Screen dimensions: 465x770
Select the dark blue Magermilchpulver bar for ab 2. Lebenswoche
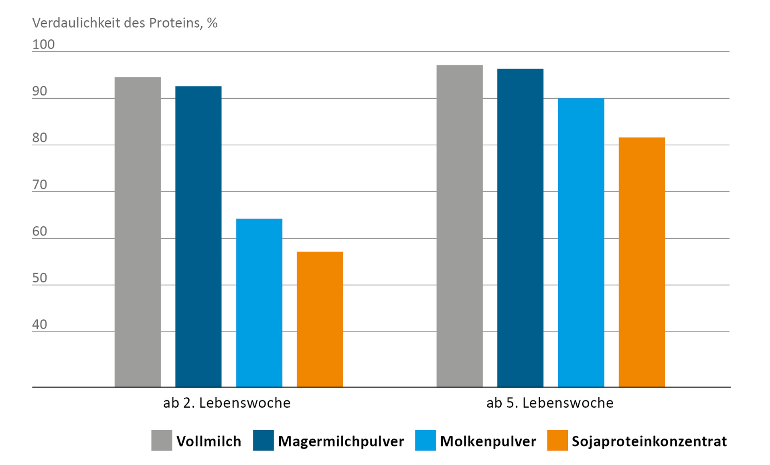click(198, 237)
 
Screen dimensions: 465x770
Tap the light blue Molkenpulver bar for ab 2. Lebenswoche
click(259, 303)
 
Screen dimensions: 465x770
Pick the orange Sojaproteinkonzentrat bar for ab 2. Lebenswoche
click(320, 319)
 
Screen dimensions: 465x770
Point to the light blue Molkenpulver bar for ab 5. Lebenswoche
click(581, 242)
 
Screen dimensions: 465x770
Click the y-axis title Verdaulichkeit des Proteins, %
click(125, 23)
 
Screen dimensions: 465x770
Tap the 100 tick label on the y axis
click(43, 44)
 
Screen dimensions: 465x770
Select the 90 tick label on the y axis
click(40, 91)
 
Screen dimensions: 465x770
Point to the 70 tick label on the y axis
click(40, 185)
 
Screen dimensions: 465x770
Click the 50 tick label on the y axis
click(40, 278)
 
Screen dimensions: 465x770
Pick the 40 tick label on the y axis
click(40, 324)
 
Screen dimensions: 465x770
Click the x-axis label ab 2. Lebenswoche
click(227, 403)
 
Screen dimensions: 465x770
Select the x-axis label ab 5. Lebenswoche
click(550, 403)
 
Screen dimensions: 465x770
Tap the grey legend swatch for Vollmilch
click(162, 441)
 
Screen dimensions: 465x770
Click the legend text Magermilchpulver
click(341, 441)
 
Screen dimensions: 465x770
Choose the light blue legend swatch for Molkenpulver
click(426, 441)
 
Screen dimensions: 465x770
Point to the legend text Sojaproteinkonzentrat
click(649, 441)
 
